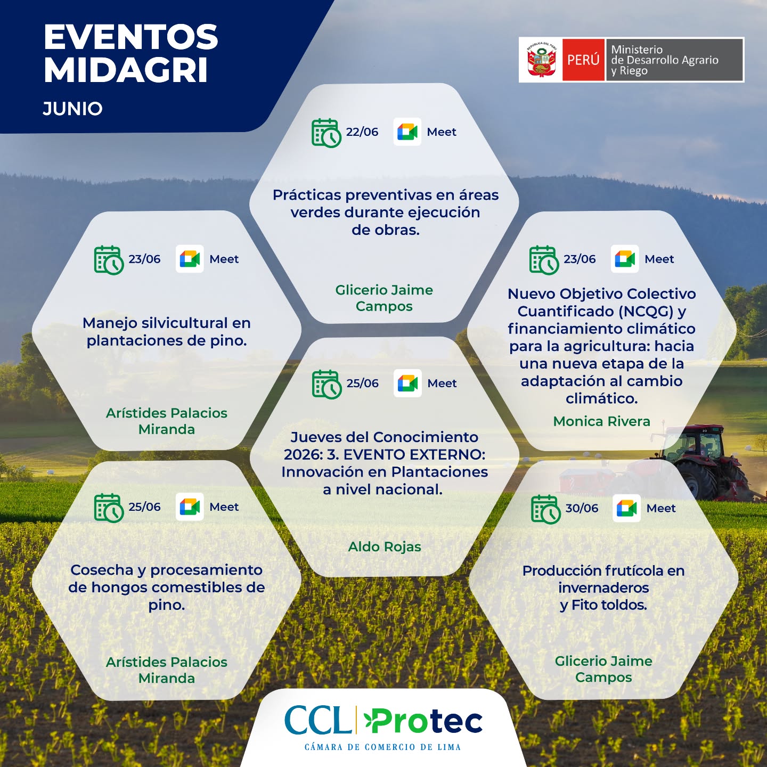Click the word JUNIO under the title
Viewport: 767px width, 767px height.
click(x=73, y=109)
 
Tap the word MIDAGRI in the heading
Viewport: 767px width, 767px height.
click(x=126, y=70)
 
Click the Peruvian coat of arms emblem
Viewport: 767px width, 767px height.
click(x=541, y=60)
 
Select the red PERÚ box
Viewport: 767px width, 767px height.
click(x=583, y=60)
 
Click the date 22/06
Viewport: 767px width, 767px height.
click(x=362, y=132)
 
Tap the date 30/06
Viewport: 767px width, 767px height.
click(x=582, y=508)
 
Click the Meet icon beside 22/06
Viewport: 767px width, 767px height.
click(x=407, y=132)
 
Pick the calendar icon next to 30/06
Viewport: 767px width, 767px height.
click(x=546, y=510)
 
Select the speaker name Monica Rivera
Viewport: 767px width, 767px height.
click(x=601, y=421)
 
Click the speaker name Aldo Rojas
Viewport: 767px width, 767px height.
click(x=385, y=547)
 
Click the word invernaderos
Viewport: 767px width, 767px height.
click(x=603, y=588)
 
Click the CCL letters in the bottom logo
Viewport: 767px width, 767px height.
click(x=318, y=720)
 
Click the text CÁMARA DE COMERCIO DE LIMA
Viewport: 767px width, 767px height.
click(x=382, y=747)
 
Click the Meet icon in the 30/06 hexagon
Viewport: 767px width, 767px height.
click(x=626, y=508)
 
